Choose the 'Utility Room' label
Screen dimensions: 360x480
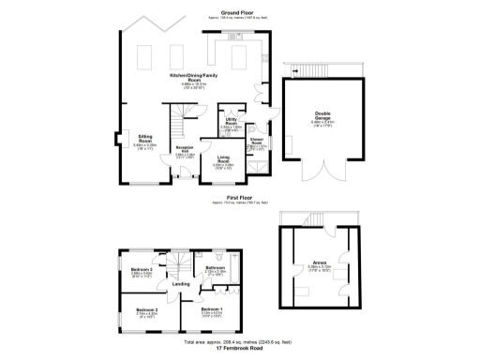pos(231,121)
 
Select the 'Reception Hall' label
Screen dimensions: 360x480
pos(186,149)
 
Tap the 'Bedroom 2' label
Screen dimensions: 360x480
pos(145,309)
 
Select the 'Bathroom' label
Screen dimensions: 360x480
pos(215,268)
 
